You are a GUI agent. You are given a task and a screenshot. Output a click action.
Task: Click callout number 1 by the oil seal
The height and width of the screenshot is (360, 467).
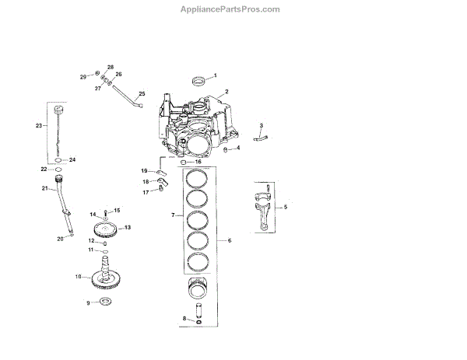coord(216,75)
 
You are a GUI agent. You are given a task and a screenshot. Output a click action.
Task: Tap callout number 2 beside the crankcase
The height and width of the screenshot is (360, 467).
coord(226,92)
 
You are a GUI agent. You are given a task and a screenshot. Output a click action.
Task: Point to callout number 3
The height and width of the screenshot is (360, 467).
coord(261,125)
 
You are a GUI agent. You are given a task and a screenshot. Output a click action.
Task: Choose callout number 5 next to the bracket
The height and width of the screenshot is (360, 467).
coord(286,207)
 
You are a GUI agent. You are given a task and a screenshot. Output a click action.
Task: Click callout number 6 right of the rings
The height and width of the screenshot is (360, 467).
coord(230,241)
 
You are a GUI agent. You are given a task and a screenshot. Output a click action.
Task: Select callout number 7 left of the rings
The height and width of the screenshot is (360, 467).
coord(172,214)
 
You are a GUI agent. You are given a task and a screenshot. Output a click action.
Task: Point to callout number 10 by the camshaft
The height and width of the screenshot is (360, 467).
coord(78,276)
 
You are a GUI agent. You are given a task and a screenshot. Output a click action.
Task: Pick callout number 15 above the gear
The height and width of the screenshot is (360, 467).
coord(118,210)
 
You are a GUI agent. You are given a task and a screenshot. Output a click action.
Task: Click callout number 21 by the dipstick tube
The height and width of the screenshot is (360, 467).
coord(44,187)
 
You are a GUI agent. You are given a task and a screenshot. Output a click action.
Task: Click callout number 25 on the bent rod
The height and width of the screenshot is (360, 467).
coord(142,94)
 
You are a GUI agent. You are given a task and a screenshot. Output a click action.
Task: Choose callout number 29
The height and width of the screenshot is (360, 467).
coord(83,76)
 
